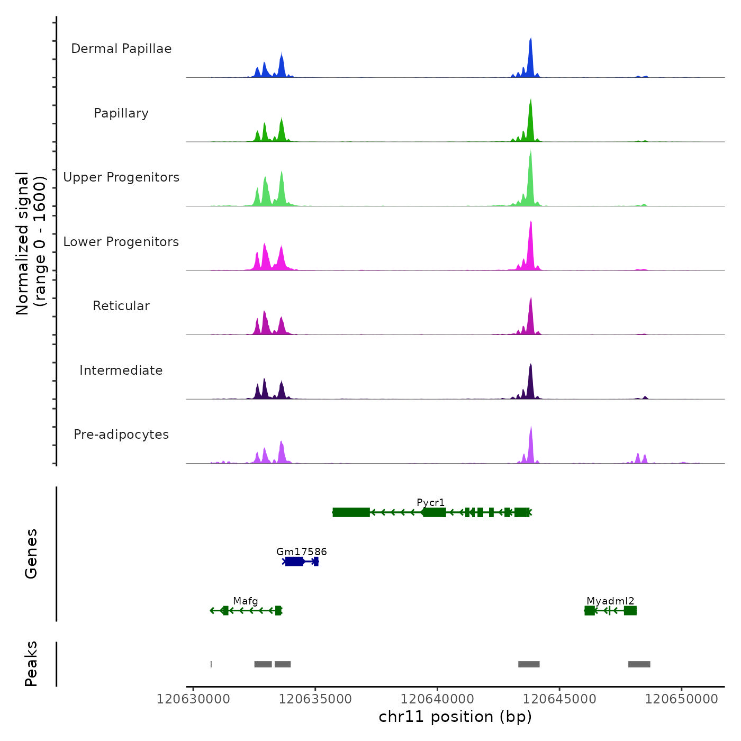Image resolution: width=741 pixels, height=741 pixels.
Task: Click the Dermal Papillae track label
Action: tap(121, 49)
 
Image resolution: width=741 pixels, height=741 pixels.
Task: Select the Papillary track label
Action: tap(121, 113)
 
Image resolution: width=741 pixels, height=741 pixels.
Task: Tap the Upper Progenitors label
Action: tap(121, 177)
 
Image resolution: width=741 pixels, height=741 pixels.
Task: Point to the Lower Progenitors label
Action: tap(121, 242)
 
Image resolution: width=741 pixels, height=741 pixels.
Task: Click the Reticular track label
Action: tap(121, 306)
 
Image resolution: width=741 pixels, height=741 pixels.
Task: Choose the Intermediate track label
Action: tap(121, 370)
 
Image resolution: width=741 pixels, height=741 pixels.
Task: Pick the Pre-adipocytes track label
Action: tap(121, 435)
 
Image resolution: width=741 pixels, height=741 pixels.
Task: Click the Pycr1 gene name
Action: tap(431, 502)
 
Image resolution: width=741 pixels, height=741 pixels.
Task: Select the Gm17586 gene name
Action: tap(302, 552)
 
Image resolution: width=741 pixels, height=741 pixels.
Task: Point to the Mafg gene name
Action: tap(246, 601)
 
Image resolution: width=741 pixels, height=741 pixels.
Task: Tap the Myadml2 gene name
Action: tap(610, 601)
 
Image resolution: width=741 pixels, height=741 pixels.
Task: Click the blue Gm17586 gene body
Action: tap(294, 562)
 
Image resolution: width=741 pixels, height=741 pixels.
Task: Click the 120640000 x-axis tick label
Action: tap(438, 699)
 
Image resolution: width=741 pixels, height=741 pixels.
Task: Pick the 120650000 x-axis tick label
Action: tap(682, 699)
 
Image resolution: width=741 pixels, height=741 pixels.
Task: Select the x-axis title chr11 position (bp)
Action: tap(455, 717)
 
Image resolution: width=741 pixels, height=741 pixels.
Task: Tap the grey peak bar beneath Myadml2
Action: tap(639, 664)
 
